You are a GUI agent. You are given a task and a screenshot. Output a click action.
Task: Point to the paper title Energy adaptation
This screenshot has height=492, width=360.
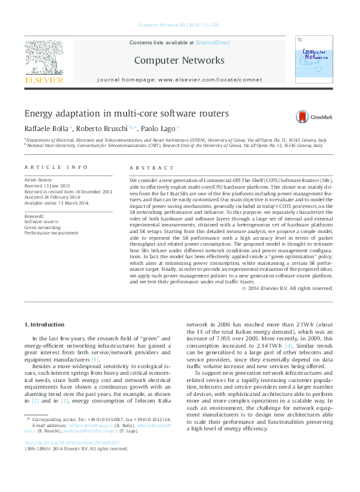coord(126,113)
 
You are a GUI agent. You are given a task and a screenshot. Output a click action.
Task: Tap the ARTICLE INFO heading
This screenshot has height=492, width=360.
coord(56,168)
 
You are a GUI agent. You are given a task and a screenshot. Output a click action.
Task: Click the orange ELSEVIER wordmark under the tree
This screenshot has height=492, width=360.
coord(44,80)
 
